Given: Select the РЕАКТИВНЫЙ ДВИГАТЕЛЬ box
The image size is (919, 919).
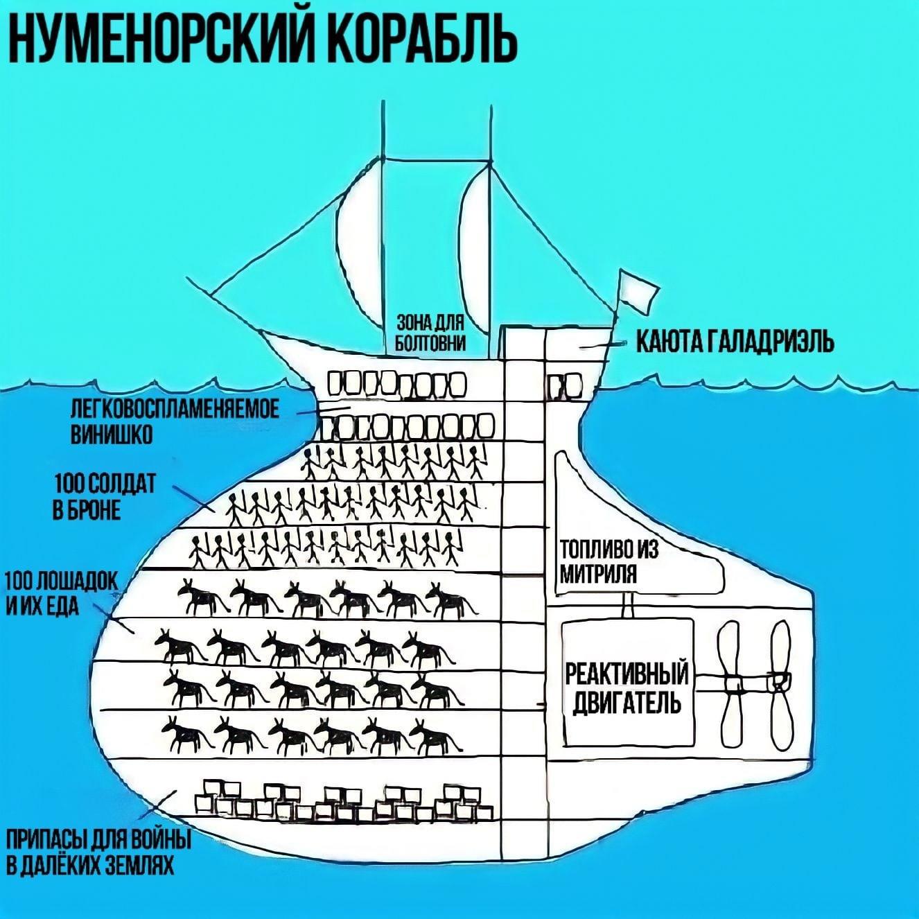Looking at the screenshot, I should tap(627, 683).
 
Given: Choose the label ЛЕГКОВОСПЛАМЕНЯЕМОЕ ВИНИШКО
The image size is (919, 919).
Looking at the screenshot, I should tap(175, 421).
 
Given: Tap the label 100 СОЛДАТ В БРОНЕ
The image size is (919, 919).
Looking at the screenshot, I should tap(105, 496).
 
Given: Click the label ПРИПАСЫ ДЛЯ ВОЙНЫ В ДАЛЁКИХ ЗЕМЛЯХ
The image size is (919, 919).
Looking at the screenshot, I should tap(98, 854).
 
